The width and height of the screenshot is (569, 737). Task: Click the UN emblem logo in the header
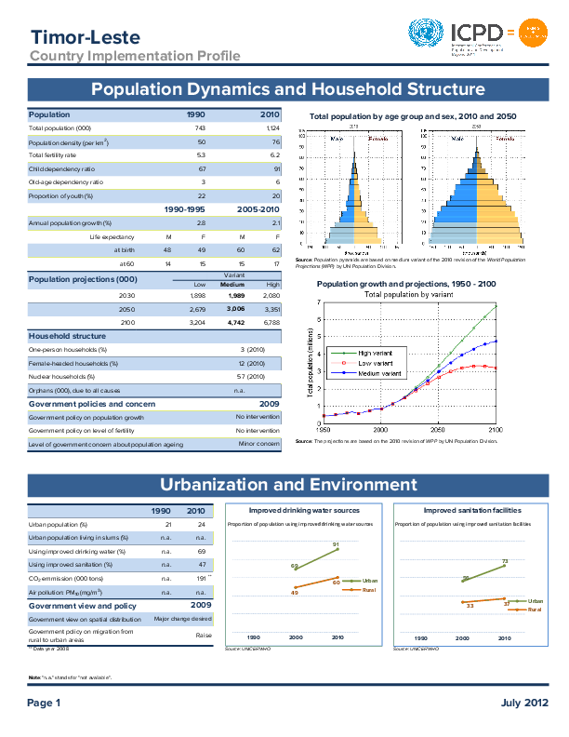[x=429, y=35]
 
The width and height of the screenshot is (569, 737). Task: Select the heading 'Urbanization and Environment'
[x=288, y=485]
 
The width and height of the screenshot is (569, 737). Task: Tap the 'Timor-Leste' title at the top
[x=85, y=37]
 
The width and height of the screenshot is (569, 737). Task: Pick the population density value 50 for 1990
[x=201, y=141]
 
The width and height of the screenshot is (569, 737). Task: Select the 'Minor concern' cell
[x=259, y=445]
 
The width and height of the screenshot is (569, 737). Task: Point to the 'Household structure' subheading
[x=67, y=336]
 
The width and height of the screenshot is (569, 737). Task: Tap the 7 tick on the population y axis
[x=318, y=302]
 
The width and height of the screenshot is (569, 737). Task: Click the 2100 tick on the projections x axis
[x=496, y=431]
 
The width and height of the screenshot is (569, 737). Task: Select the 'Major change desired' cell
[x=183, y=619]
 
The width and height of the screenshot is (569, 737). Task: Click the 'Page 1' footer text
[x=44, y=703]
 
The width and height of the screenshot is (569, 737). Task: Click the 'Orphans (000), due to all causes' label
[x=69, y=391]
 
